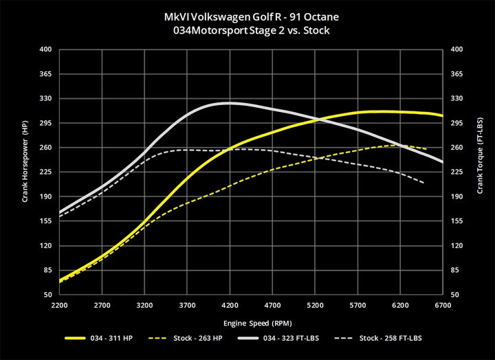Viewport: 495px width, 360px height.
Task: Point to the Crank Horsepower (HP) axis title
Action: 25,172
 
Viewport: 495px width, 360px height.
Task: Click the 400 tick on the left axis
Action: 46,49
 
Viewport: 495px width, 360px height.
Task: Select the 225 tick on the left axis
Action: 46,172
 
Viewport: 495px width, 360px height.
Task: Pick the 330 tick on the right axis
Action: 456,99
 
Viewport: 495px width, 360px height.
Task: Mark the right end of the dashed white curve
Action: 423,183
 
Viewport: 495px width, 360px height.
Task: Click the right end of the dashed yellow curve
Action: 427,149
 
